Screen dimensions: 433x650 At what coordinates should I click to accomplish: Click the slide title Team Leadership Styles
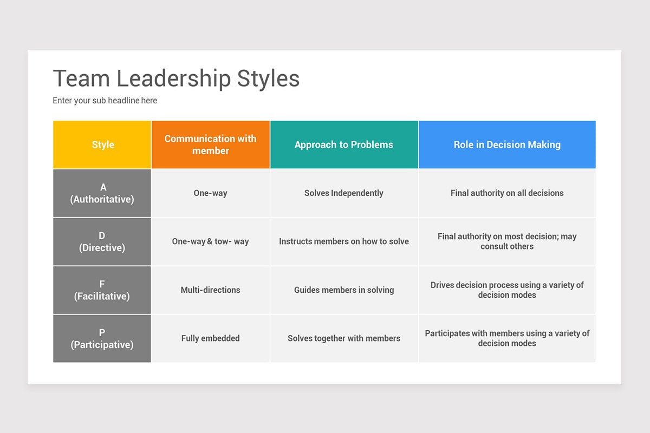coord(176,78)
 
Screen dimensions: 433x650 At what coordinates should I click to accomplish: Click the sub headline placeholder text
coord(105,100)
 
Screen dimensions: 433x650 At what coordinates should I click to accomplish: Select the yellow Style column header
coord(102,145)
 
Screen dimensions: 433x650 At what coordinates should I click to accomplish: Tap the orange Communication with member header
coord(210,145)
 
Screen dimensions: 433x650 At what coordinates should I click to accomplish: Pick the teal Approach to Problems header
coord(344,145)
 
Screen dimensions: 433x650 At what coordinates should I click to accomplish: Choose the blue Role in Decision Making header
coord(507,145)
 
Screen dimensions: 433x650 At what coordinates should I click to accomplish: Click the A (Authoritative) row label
coord(102,193)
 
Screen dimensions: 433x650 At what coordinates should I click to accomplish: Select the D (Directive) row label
coord(102,241)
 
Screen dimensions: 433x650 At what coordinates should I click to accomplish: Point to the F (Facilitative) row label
coord(102,290)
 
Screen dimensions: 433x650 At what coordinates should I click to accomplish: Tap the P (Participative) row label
coord(102,338)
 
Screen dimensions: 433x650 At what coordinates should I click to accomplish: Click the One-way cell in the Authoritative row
coord(210,193)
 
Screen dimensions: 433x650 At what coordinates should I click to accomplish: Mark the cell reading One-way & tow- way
coord(210,241)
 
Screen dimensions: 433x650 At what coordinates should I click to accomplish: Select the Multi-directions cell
coord(210,290)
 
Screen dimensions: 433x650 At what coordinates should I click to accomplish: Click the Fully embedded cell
coord(210,338)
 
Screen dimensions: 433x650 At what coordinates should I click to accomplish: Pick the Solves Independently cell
coord(344,193)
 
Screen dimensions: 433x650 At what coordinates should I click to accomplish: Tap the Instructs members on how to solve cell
coord(344,241)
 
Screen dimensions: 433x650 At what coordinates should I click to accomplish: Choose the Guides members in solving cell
coord(344,290)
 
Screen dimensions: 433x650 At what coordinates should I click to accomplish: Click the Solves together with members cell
coord(344,338)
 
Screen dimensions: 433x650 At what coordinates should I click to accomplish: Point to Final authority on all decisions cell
coord(507,193)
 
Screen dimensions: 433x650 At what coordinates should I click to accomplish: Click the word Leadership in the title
coord(173,78)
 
